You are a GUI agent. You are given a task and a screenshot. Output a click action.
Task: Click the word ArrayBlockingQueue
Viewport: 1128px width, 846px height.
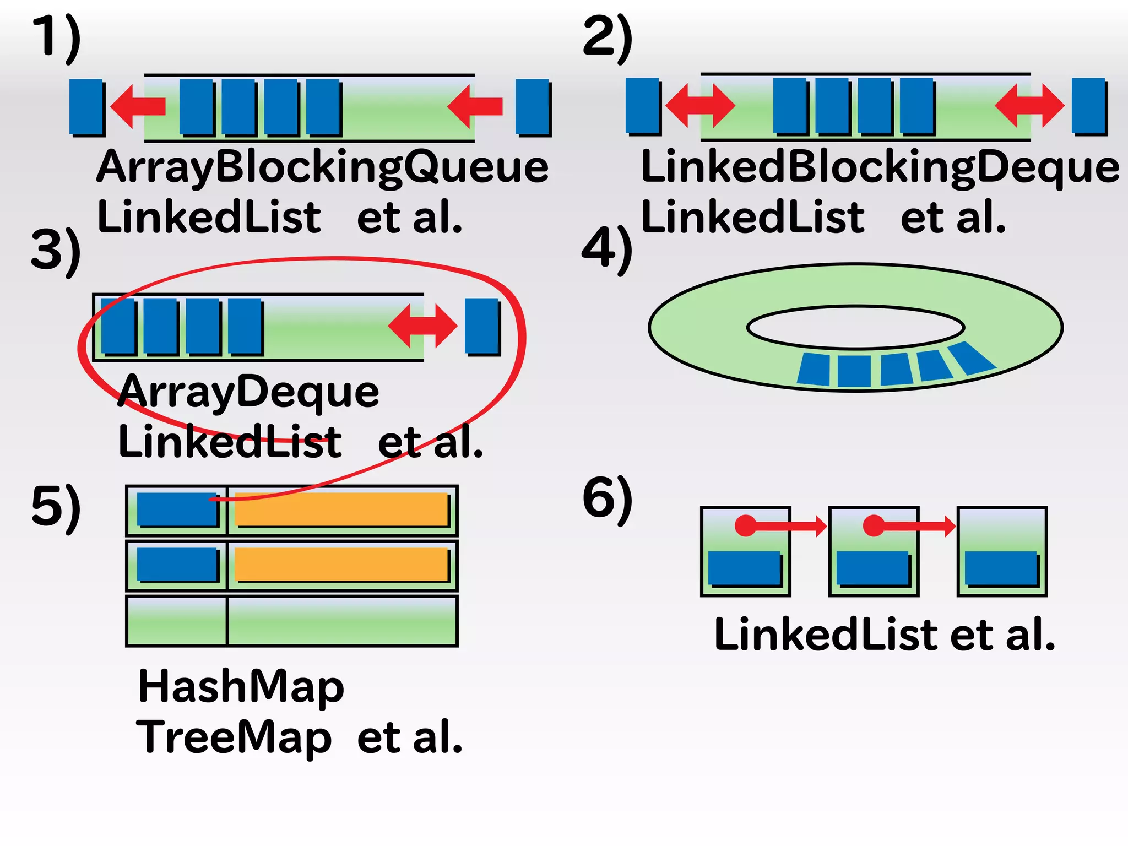tap(323, 167)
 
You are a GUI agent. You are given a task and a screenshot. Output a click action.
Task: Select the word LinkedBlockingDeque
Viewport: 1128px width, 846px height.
tap(880, 167)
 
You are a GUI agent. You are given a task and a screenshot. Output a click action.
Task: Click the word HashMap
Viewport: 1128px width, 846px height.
tap(241, 686)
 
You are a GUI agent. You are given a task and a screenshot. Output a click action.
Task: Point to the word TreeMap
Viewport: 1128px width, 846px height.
tap(234, 737)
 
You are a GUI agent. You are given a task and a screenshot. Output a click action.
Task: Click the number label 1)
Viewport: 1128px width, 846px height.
tap(56, 37)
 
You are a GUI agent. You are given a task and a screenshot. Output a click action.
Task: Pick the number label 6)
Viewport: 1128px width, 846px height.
tap(607, 498)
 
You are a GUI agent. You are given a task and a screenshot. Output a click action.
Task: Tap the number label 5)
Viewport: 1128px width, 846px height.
tap(56, 507)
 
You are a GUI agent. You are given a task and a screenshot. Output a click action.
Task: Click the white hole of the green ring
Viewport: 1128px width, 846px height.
tap(855, 327)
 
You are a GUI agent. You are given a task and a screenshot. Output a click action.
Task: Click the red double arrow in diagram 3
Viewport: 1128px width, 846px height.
tap(422, 326)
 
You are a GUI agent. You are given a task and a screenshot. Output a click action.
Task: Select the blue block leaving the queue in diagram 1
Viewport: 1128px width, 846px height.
tap(86, 107)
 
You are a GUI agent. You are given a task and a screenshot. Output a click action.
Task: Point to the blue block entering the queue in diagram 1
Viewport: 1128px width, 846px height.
tap(533, 107)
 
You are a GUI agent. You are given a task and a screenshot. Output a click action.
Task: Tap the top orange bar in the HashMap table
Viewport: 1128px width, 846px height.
tap(341, 509)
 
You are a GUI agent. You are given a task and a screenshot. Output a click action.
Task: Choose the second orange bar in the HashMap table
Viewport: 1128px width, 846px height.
tap(341, 564)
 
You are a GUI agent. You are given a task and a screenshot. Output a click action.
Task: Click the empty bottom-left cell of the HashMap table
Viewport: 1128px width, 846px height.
tap(176, 621)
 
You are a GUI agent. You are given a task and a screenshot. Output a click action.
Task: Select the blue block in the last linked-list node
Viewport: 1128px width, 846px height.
tap(1001, 568)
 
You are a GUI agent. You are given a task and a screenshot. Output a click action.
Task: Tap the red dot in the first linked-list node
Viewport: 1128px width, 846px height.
tap(746, 525)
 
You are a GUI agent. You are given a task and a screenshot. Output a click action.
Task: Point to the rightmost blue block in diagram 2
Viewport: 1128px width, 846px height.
tap(1089, 106)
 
